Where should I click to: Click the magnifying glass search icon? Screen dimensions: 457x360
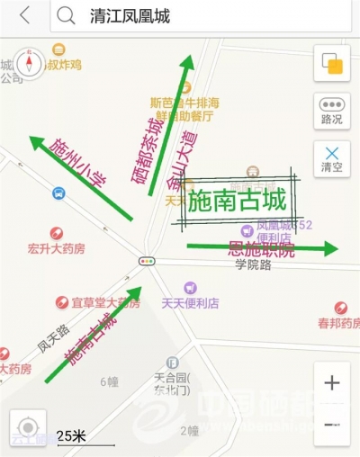pos(66,15)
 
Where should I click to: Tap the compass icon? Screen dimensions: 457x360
pos(29,65)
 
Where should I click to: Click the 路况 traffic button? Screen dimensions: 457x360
pos(331,109)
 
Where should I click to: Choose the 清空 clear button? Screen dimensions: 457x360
pos(331,158)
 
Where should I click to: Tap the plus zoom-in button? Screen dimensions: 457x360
pos(332,382)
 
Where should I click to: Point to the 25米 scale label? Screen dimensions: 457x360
pos(71,435)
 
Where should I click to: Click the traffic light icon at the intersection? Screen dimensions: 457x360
pos(146,261)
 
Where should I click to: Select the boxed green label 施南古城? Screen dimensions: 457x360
pos(238,201)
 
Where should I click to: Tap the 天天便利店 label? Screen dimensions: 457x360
pos(190,303)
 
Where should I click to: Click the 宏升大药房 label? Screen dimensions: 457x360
pos(56,248)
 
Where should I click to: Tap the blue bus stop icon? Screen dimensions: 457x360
pos(58,193)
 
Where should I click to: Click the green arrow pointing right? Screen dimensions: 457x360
pos(261,246)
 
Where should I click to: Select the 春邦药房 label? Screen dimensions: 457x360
pos(337,322)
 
